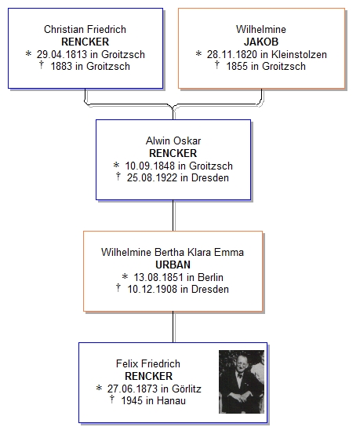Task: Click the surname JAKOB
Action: pos(261,42)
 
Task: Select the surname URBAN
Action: pos(173,265)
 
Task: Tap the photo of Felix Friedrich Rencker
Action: pos(242,381)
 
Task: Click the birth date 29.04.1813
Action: pos(64,54)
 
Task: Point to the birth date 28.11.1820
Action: pos(233,54)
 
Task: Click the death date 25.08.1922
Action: pos(152,177)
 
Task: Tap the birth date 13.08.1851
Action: pos(158,277)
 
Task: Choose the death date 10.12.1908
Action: pos(152,289)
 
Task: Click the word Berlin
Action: pos(210,277)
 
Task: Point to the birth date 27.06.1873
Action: pos(133,389)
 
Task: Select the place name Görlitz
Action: pos(187,389)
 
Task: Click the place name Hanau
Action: pos(171,400)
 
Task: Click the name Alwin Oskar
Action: pos(173,141)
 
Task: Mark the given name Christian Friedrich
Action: pos(85,29)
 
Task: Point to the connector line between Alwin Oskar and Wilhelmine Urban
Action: pos(173,215)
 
